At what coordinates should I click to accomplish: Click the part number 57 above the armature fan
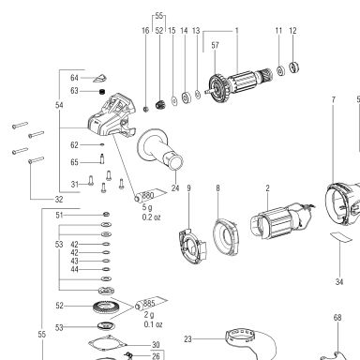tap(215, 45)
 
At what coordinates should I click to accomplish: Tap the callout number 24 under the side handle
tap(175, 188)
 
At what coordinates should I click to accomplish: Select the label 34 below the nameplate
tap(339, 282)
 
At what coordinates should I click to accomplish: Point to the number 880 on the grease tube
tap(148, 196)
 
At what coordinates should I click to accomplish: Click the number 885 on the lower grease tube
tap(149, 303)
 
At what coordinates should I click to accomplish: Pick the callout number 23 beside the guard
tap(187, 339)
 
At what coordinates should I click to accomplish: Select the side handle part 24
tap(159, 149)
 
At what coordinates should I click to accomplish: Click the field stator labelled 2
tap(281, 221)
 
